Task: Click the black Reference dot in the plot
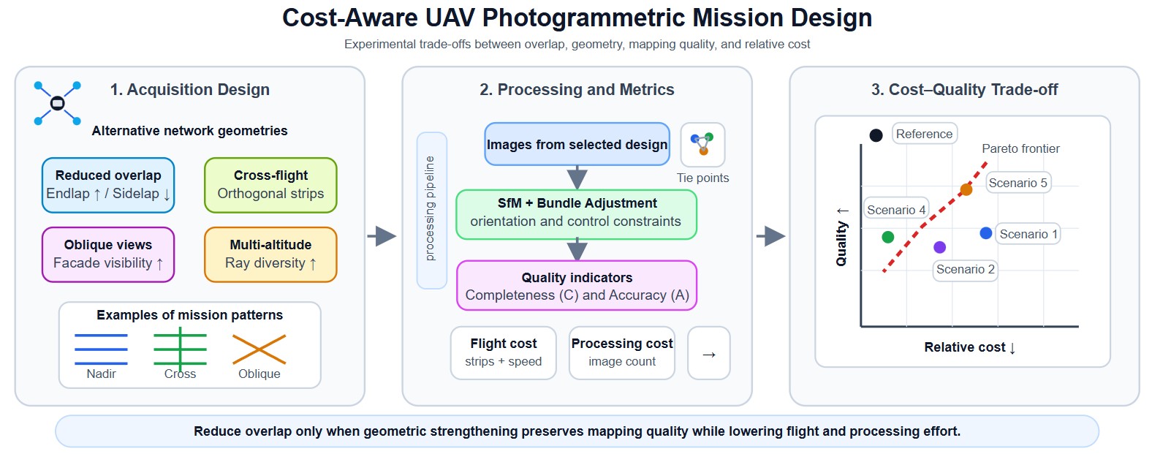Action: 876,135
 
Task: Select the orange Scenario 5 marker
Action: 966,190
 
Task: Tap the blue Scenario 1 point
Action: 985,233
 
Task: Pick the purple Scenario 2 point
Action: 939,248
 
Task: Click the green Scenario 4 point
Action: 887,237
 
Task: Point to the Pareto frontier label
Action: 1020,149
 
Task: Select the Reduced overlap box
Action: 108,185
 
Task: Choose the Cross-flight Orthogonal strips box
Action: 270,185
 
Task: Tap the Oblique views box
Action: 108,254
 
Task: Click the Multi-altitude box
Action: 270,254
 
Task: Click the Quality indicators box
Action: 577,286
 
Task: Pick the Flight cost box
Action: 503,353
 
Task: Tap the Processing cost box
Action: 621,353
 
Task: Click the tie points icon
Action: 702,144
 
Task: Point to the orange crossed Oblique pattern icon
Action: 259,349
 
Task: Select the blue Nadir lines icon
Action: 101,349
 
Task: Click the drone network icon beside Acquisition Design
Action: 57,103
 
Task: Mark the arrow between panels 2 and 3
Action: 770,236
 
